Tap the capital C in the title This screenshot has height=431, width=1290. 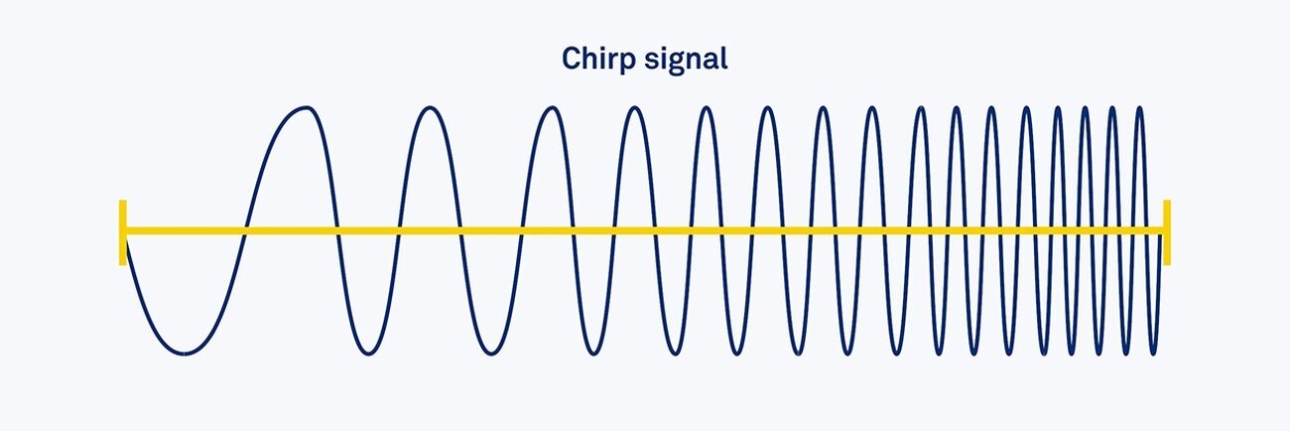click(x=571, y=59)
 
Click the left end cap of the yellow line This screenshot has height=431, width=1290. click(x=123, y=232)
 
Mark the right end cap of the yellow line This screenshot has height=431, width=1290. click(x=1167, y=232)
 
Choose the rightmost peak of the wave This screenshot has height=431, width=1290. click(x=1139, y=108)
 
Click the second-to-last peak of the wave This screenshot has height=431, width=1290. click(x=1112, y=108)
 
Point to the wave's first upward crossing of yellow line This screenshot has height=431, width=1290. click(x=244, y=232)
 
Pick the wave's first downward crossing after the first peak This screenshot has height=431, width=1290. click(x=338, y=232)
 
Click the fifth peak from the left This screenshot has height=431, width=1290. click(x=706, y=108)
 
